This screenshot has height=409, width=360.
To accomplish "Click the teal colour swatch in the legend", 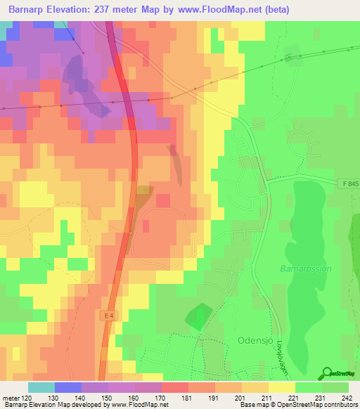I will [41, 387].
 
